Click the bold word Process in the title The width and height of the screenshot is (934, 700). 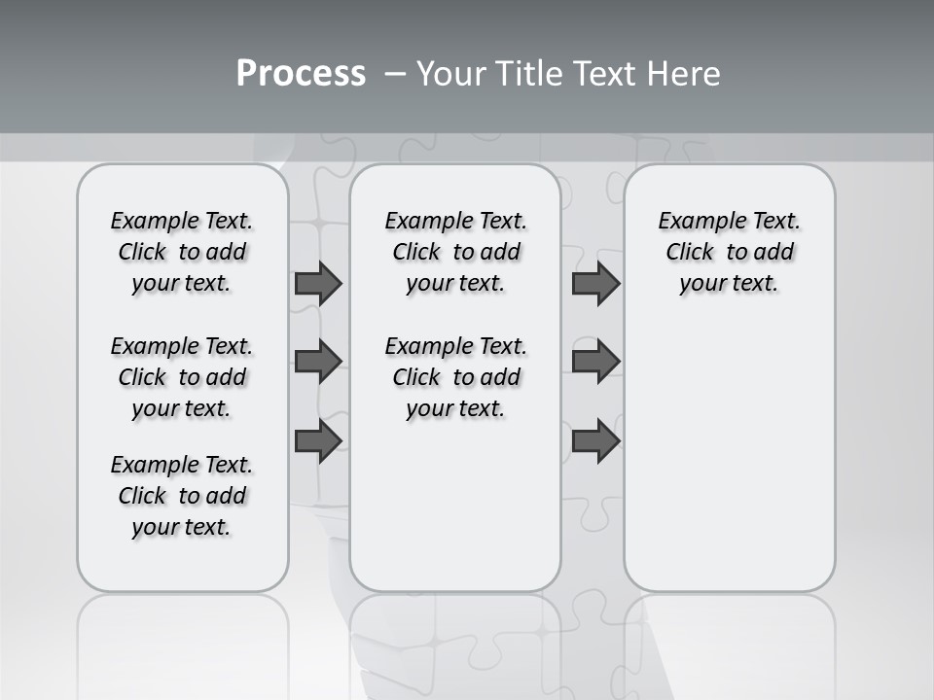click(301, 74)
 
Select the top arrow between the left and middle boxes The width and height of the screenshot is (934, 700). click(318, 283)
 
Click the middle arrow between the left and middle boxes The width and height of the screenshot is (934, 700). click(318, 362)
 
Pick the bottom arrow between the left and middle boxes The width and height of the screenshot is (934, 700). click(318, 441)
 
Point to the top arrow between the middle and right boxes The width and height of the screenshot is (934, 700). click(595, 283)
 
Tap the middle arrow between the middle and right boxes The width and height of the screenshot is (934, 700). click(595, 362)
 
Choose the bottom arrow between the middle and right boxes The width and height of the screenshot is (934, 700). click(595, 441)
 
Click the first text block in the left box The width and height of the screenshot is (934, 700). click(182, 252)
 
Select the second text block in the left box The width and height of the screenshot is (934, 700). click(182, 377)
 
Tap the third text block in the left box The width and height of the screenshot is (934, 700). click(182, 496)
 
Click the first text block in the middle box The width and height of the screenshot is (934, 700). click(455, 252)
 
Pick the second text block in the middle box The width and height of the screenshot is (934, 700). click(455, 377)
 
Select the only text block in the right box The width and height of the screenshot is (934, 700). click(729, 252)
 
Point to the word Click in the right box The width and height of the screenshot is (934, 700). click(690, 253)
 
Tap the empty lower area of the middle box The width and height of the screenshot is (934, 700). click(455, 506)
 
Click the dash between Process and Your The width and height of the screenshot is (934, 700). click(394, 74)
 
